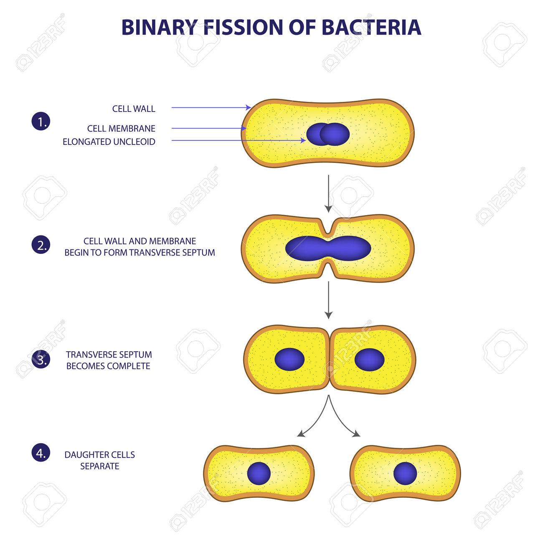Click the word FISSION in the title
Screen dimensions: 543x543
(243, 27)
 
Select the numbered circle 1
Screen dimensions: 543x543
(41, 122)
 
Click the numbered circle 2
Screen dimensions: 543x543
(41, 245)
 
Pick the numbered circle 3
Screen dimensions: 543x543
(41, 359)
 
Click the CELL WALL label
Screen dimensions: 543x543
(134, 109)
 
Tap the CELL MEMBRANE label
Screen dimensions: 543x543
(121, 129)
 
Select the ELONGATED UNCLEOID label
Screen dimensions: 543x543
(109, 142)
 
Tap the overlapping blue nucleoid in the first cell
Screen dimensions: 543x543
(328, 134)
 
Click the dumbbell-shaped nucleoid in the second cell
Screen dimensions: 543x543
(328, 248)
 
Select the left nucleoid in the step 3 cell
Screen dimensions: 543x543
(289, 359)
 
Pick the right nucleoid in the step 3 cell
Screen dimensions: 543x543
(369, 360)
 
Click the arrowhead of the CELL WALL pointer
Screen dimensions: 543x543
(248, 107)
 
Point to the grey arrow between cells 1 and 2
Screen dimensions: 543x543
(328, 193)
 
